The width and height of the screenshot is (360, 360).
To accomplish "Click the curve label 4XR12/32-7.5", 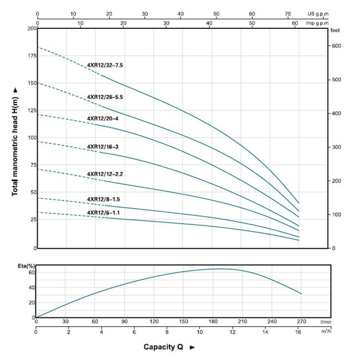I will coord(105,65).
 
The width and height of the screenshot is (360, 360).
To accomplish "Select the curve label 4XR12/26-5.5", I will coord(105,97).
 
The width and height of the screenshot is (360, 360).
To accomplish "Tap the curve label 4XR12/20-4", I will coord(102,119).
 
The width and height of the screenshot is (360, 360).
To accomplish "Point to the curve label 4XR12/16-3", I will coord(102,147).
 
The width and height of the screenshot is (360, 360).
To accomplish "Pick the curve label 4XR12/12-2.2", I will coord(105,174).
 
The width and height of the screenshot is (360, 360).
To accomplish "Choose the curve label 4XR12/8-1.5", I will coord(103,199).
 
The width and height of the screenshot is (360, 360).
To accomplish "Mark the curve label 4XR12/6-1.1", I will coord(103,213).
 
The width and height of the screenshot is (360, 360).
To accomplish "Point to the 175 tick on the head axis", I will coord(28,56).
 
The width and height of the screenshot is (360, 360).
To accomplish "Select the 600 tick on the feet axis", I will coord(337,46).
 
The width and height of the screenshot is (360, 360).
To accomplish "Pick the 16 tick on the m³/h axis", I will coord(298,332).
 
